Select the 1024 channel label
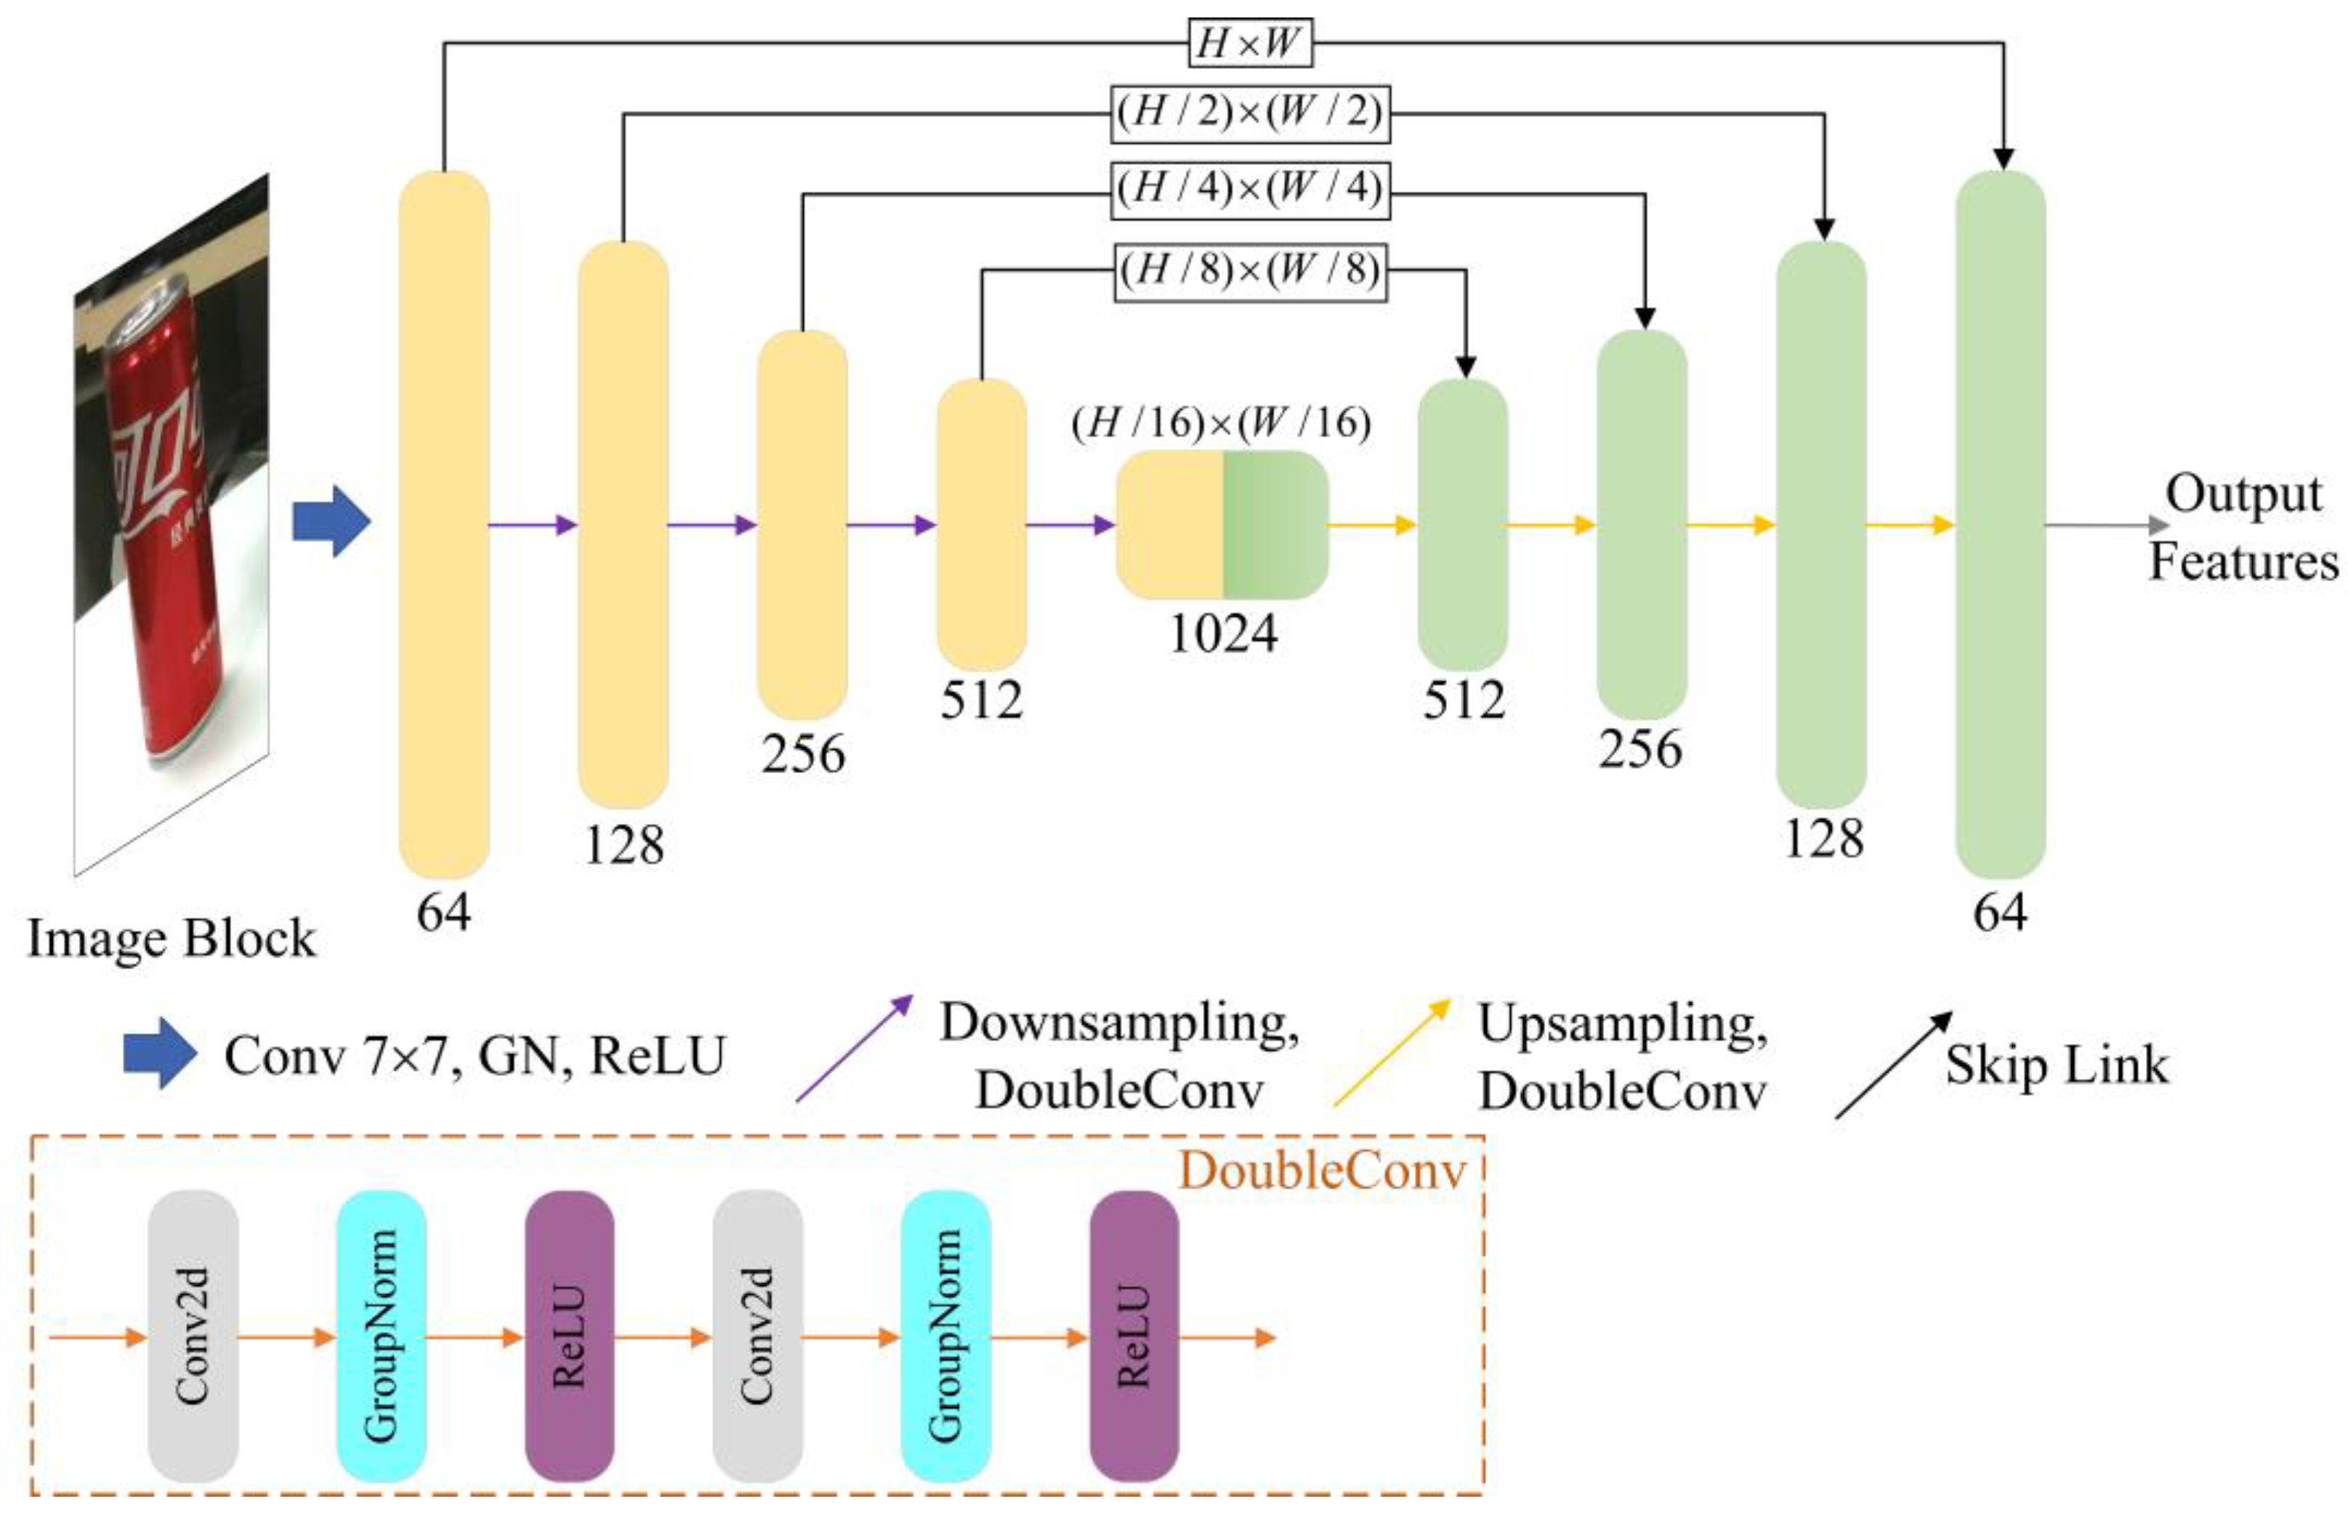click(1223, 634)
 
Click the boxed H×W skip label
click(1249, 44)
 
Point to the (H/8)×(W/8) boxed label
click(1249, 270)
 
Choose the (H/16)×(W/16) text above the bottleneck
click(1222, 424)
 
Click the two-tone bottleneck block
click(1222, 524)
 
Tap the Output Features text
click(2243, 527)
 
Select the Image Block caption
click(171, 938)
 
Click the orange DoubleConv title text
click(1322, 1173)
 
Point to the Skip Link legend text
click(2058, 1065)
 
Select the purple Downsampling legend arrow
click(855, 1048)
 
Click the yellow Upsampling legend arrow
click(1392, 1051)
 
